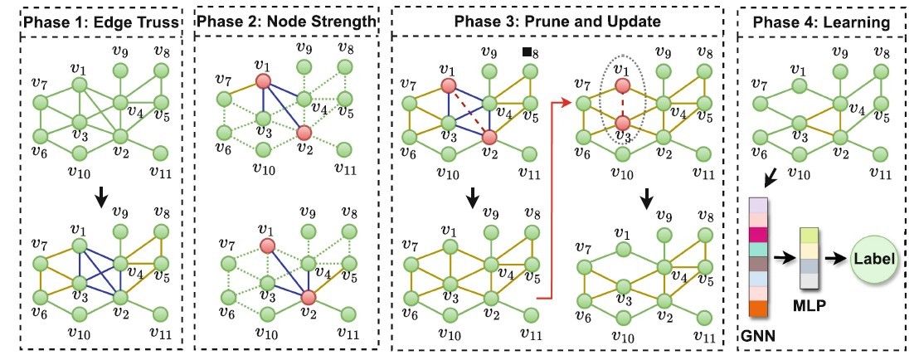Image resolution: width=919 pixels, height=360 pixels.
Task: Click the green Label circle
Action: click(871, 259)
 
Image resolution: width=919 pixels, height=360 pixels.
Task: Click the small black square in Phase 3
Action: click(526, 53)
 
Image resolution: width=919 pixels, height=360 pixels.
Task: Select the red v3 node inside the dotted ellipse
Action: click(624, 124)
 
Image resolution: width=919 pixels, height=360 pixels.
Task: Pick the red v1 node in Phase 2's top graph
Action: click(263, 80)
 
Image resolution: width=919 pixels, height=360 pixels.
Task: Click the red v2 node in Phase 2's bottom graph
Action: click(310, 296)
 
